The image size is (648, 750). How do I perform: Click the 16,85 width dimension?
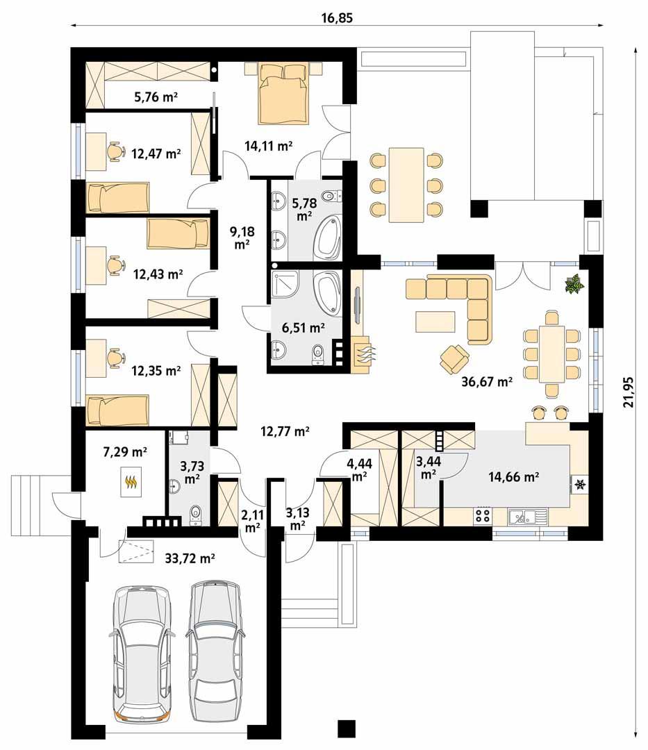pyautogui.click(x=337, y=18)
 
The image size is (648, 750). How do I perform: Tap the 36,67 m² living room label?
pyautogui.click(x=488, y=382)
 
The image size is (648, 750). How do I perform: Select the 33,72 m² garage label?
pyautogui.click(x=190, y=558)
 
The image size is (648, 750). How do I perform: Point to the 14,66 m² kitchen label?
pyautogui.click(x=514, y=476)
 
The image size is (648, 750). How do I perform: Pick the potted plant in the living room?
pyautogui.click(x=574, y=283)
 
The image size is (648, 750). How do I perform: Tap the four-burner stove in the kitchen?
pyautogui.click(x=483, y=515)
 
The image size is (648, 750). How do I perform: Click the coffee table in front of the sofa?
pyautogui.click(x=435, y=322)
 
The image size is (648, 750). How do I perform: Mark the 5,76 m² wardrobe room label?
pyautogui.click(x=156, y=98)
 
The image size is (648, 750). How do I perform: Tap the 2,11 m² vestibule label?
pyautogui.click(x=251, y=521)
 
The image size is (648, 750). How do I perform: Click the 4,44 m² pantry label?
pyautogui.click(x=359, y=469)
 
